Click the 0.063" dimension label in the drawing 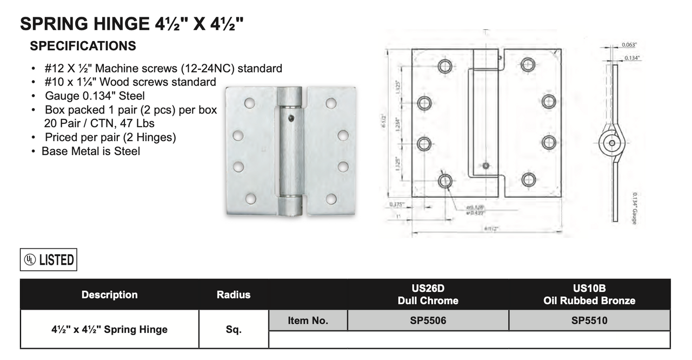(x=629, y=45)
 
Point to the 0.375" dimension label (x=397, y=204)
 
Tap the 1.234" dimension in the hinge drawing (x=398, y=124)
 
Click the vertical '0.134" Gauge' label (x=634, y=208)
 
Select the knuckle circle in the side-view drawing (x=611, y=143)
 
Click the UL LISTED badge (x=49, y=260)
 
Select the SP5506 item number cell (x=428, y=321)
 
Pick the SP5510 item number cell (x=589, y=321)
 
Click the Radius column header (x=234, y=295)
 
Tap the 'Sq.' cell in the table (x=234, y=329)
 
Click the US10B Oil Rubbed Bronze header (x=589, y=295)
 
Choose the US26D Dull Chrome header (x=428, y=295)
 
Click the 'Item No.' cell (x=308, y=321)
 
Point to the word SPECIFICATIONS (x=83, y=46)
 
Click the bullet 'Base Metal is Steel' (x=90, y=151)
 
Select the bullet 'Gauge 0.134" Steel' (x=95, y=96)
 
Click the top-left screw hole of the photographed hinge (x=249, y=103)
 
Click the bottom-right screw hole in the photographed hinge (x=331, y=199)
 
